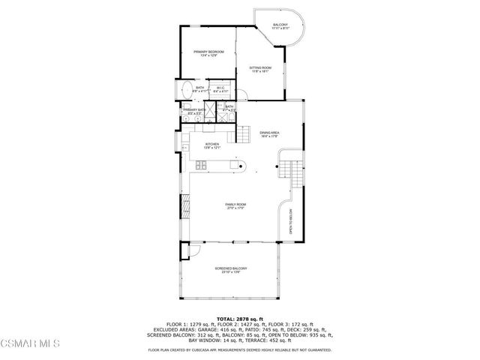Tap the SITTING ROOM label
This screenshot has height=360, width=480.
[260, 69]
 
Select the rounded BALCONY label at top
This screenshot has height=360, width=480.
[280, 26]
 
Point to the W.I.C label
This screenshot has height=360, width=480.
[220, 89]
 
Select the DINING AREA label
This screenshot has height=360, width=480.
[269, 134]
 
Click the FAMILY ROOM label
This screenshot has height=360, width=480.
[236, 206]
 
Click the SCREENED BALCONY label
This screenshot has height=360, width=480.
[231, 269]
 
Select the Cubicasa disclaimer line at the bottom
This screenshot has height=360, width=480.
[239, 349]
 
